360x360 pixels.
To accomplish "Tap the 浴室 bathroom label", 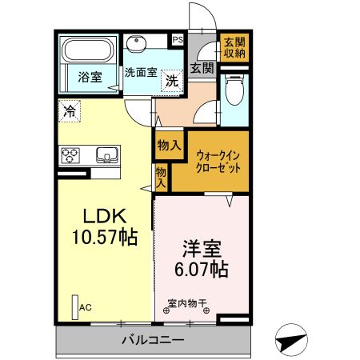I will (x=89, y=78).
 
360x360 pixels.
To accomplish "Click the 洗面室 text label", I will (x=140, y=72).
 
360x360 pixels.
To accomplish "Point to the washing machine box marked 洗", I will (x=172, y=79).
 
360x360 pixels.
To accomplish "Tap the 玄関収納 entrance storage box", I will (x=233, y=48).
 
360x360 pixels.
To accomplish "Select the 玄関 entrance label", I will (x=202, y=69).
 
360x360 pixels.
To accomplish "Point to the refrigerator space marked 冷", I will (x=70, y=111).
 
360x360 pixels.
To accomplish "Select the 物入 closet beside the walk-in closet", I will (x=168, y=146).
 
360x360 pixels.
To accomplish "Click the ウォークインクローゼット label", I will (x=218, y=162).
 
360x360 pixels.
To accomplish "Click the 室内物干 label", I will (x=186, y=303).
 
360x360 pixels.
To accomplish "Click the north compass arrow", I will (x=290, y=339).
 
